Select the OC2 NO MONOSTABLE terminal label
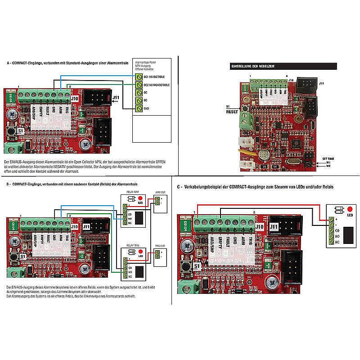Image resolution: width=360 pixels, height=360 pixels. (x=156, y=85)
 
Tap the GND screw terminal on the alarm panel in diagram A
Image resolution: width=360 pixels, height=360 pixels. (x=139, y=108)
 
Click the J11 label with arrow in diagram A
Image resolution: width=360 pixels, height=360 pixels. (x=116, y=98)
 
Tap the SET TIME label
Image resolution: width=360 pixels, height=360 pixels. (x=328, y=158)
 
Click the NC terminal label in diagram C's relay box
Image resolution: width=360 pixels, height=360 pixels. (x=337, y=243)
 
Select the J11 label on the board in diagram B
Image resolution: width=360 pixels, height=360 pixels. (x=86, y=227)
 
